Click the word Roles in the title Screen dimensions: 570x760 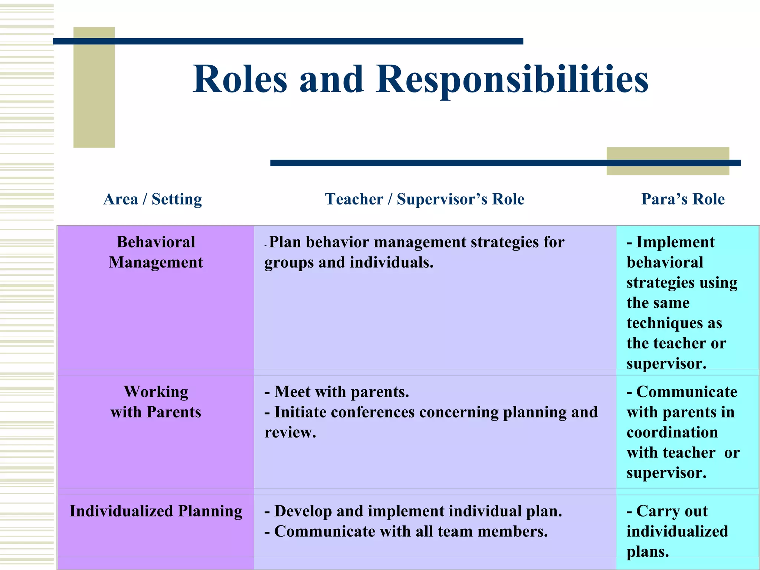click(240, 79)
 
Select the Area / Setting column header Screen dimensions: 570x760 click(153, 199)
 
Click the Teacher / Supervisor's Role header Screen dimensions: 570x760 click(425, 199)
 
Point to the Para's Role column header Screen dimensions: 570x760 click(683, 199)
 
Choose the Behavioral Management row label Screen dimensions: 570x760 click(156, 252)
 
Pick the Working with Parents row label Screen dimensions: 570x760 click(156, 402)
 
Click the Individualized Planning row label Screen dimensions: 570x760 click(156, 511)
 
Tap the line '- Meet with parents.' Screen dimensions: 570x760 click(337, 392)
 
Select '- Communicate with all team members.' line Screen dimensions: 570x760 click(406, 531)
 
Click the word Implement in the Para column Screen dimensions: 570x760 click(675, 242)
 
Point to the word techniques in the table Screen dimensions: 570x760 click(664, 323)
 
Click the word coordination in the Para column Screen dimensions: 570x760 click(672, 432)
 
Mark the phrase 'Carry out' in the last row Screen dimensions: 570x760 click(672, 511)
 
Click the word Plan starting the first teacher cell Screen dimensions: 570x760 click(285, 242)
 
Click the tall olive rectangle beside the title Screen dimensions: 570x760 click(94, 88)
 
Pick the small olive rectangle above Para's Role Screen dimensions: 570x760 click(668, 161)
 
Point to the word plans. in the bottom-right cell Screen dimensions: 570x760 click(648, 552)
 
